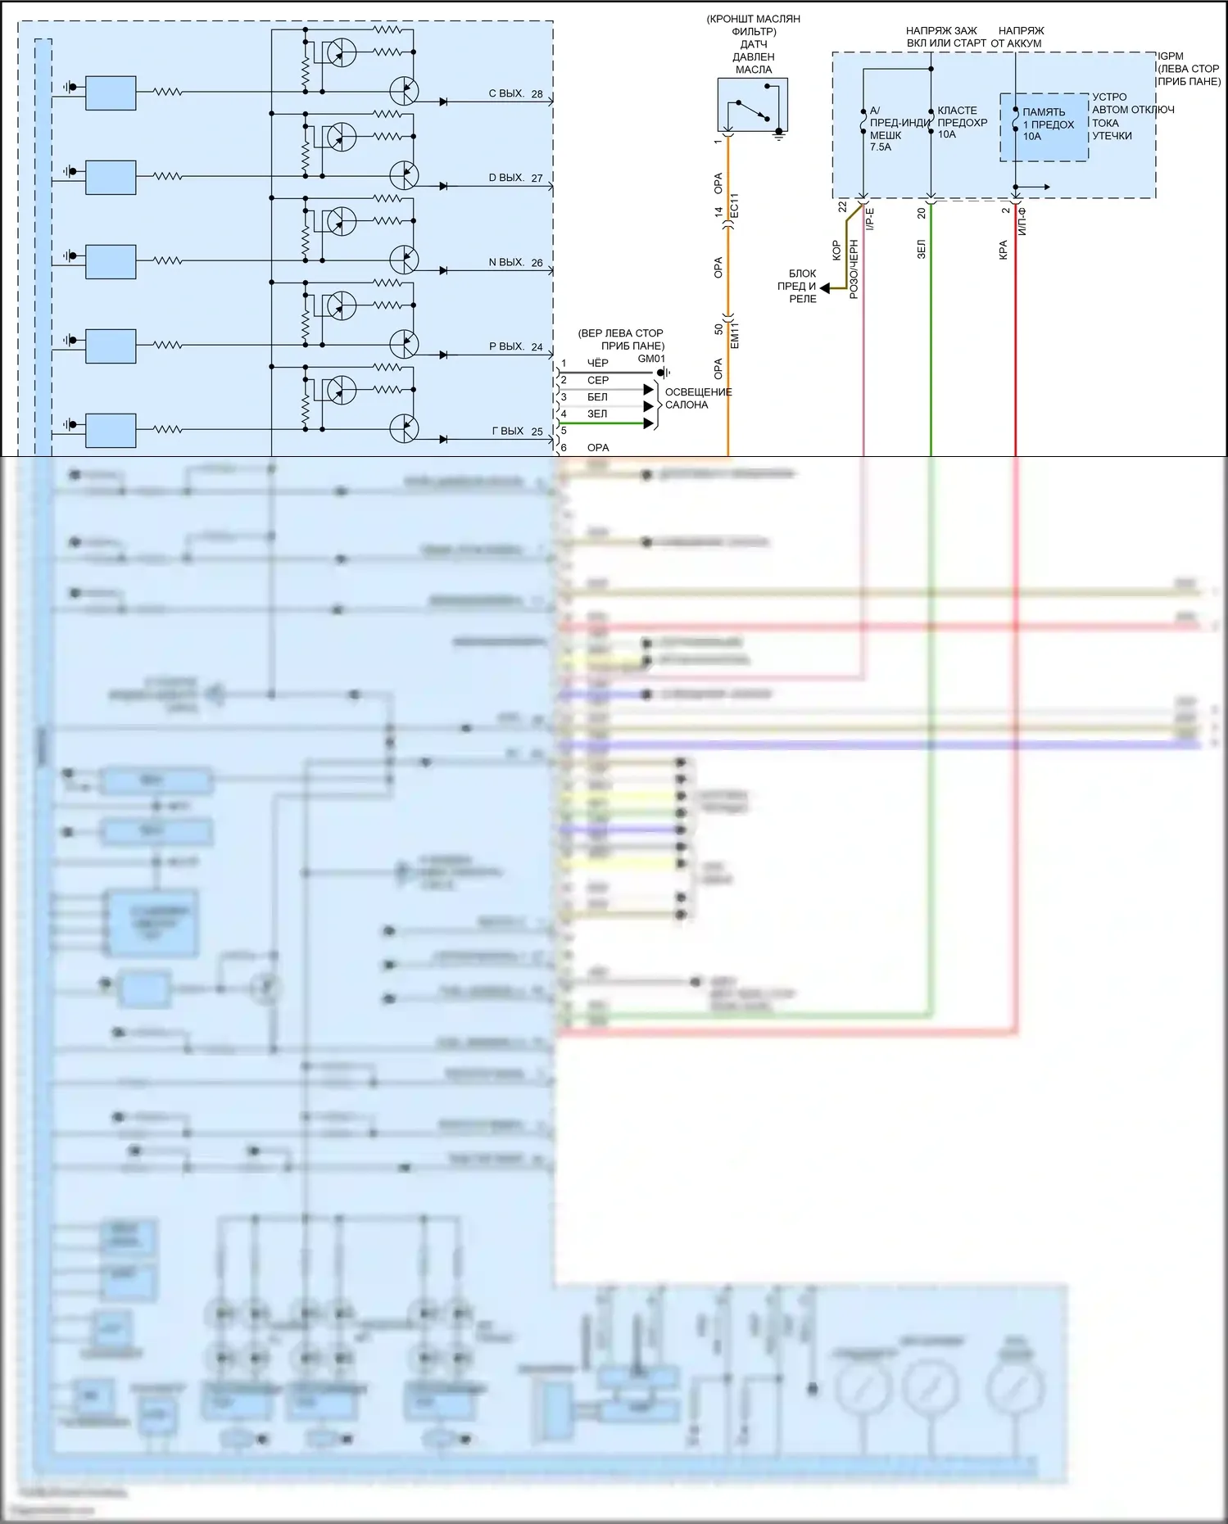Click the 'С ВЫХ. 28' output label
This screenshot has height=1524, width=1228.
coord(515,94)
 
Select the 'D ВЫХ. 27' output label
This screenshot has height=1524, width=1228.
coord(515,178)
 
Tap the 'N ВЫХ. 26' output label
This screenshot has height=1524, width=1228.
coord(515,263)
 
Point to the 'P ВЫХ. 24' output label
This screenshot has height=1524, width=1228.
coord(515,347)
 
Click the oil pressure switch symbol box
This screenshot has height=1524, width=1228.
coord(752,105)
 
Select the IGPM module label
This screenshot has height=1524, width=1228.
coord(1171,57)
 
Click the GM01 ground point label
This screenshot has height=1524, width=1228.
coord(651,359)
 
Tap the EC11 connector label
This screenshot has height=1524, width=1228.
coord(734,206)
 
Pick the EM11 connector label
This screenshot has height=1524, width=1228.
coord(734,335)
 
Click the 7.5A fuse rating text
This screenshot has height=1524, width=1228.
coord(881,147)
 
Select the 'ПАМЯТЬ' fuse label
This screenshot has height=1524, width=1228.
coord(1044,112)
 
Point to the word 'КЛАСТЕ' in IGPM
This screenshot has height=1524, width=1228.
coord(957,111)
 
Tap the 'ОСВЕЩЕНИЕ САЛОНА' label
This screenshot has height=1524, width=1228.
coord(698,398)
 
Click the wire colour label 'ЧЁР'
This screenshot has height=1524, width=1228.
coord(598,363)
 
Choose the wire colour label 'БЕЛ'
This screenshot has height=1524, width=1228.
coord(597,397)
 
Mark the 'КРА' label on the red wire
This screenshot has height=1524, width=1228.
coord(1004,250)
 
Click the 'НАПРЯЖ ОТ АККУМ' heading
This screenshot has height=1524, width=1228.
coord(1017,37)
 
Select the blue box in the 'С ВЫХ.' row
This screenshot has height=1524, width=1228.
coord(111,93)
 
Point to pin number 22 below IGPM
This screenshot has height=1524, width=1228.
coord(842,208)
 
